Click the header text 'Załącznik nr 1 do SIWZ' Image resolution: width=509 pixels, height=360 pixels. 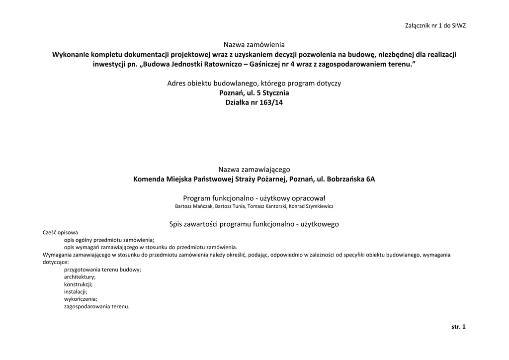(435, 26)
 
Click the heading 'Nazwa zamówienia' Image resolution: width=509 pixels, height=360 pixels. (254, 45)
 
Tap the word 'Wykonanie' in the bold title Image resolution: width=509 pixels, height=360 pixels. (72, 54)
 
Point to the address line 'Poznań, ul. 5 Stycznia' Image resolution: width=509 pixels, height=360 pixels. (254, 92)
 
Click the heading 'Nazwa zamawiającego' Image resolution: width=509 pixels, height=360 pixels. (254, 170)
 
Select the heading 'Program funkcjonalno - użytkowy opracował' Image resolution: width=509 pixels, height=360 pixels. (254, 198)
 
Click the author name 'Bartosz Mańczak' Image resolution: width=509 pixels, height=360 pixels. (194, 206)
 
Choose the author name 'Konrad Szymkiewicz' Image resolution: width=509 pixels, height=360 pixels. (312, 206)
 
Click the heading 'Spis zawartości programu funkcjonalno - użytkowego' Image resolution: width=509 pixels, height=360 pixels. (254, 224)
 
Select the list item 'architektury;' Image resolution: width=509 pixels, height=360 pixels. (80, 277)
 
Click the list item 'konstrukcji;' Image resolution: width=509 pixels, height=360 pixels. (78, 284)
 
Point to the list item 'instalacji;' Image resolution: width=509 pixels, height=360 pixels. (76, 292)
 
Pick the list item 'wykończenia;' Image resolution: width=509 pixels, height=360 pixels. (81, 299)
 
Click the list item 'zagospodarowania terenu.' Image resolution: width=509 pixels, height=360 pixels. (96, 307)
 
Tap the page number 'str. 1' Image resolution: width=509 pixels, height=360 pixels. (458, 327)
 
